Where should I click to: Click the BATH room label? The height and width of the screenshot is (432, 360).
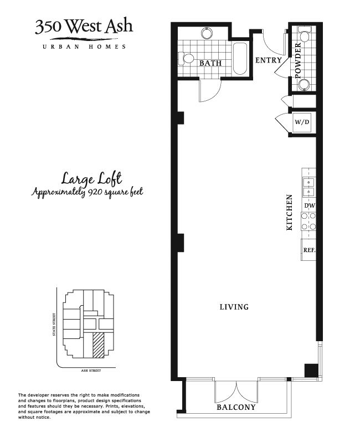pos(210,63)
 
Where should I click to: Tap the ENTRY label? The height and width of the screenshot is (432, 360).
pos(269,60)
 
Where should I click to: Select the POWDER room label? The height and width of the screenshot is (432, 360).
pos(299,60)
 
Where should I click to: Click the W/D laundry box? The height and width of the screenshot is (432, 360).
pos(302,122)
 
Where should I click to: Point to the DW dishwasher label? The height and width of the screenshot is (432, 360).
pos(310,205)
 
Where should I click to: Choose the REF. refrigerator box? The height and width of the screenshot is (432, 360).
pos(308,250)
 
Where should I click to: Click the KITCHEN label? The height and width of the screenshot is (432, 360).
pos(289,213)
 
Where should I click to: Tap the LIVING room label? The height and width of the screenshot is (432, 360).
pos(234,307)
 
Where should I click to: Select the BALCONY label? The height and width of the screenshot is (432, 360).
pos(236,407)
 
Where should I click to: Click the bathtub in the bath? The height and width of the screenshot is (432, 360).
pos(240,59)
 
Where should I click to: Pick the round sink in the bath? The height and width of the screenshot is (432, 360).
pos(207,33)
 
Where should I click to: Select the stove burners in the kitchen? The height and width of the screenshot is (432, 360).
pos(308,221)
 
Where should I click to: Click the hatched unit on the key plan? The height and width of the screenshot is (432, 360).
pos(98,345)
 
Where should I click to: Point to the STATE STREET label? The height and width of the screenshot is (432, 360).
pos(54,324)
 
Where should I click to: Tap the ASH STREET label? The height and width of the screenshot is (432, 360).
pos(91,371)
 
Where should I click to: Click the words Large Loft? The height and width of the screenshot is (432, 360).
pos(91,178)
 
